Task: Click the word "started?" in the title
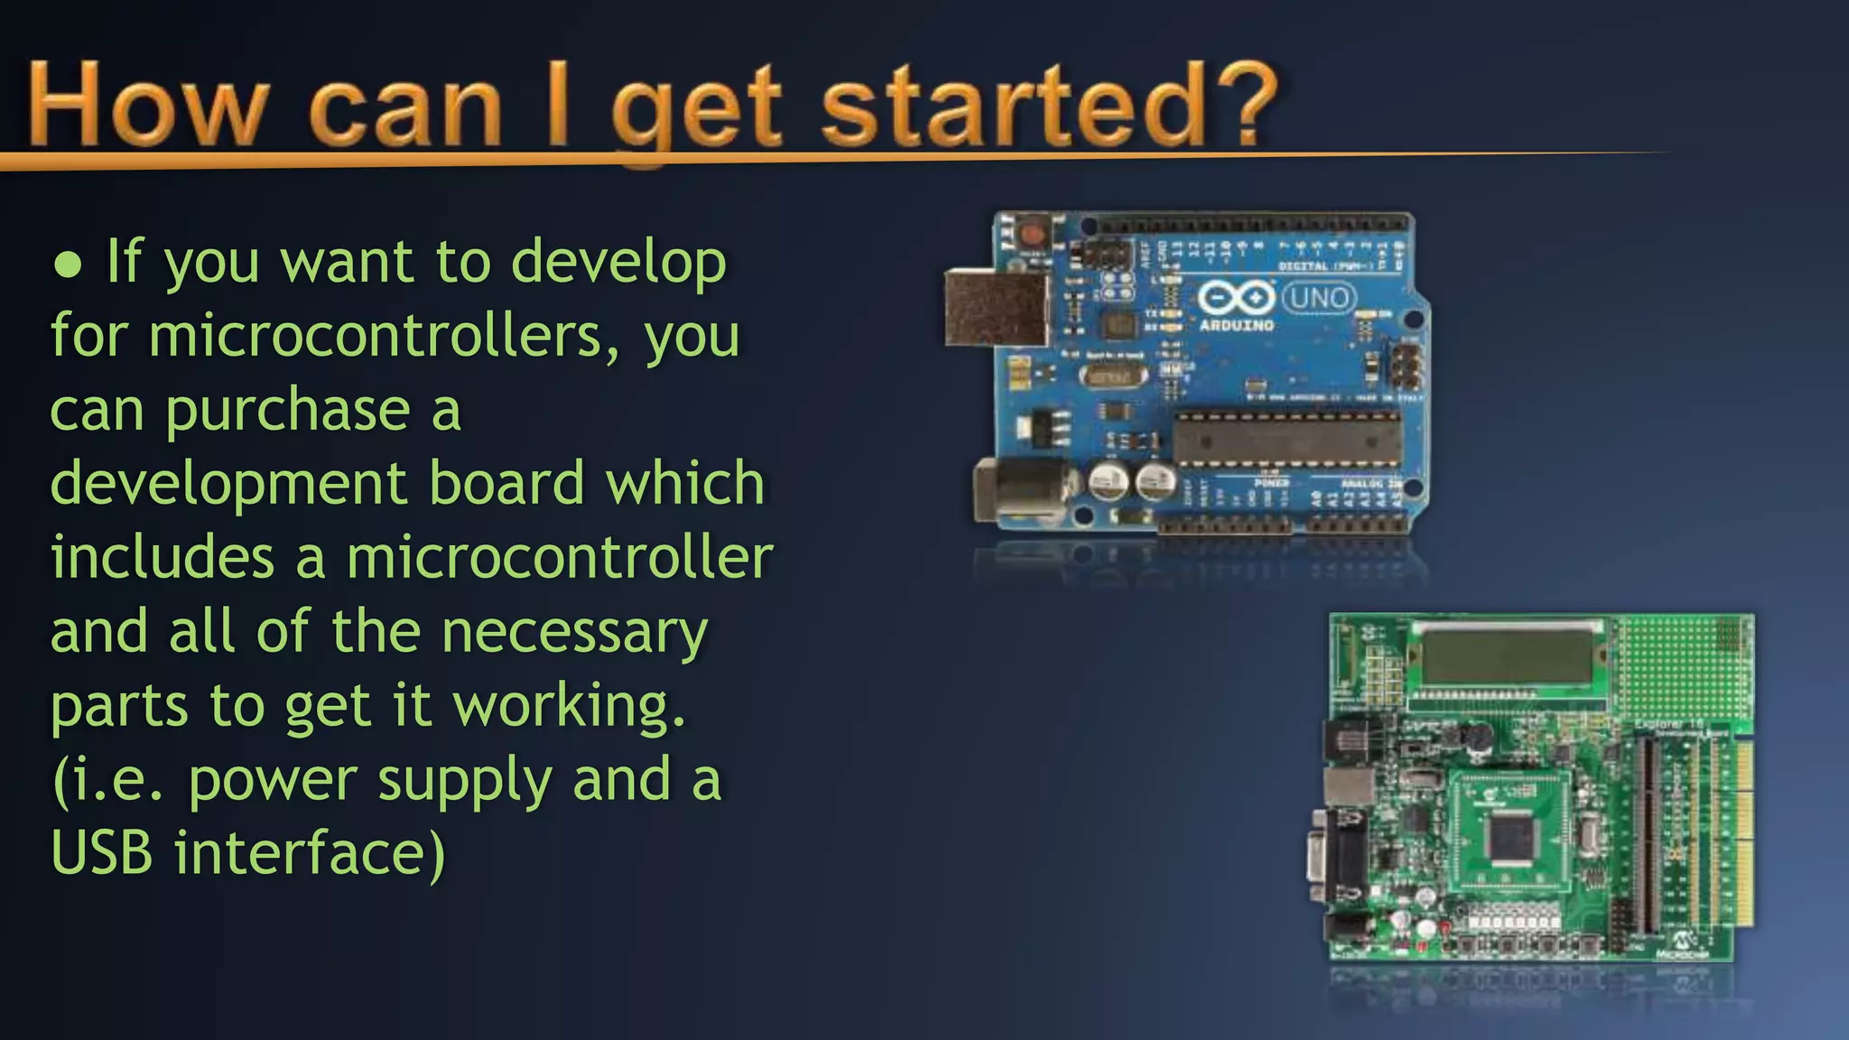click(x=1047, y=107)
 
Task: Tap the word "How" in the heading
click(x=149, y=107)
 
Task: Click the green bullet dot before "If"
click(x=69, y=264)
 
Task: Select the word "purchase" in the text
click(x=287, y=412)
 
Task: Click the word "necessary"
click(x=574, y=632)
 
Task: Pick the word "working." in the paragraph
click(x=569, y=706)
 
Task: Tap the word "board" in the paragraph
click(x=506, y=483)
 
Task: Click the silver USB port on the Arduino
click(x=996, y=308)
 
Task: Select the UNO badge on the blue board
click(x=1319, y=297)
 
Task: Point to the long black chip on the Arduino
click(x=1287, y=441)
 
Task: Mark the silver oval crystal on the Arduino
click(x=1111, y=376)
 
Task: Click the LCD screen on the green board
click(x=1505, y=659)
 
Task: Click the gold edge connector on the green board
click(x=1743, y=835)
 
